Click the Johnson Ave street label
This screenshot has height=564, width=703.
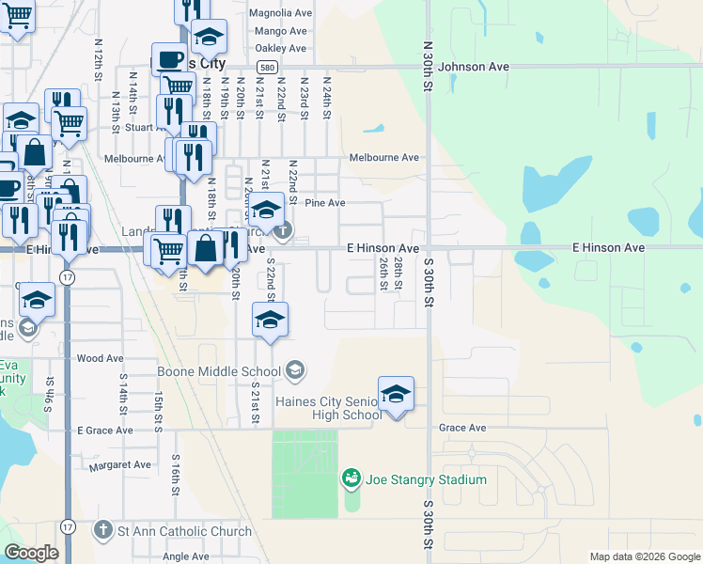[473, 67]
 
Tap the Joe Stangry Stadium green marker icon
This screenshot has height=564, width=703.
[351, 479]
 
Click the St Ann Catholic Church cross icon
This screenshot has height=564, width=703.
[103, 531]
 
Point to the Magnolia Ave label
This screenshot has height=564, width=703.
[279, 14]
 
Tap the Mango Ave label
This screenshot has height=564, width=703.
[280, 31]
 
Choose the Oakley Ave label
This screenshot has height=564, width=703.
[280, 48]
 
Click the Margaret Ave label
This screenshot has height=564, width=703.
[119, 464]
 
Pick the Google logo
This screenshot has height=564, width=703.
[31, 553]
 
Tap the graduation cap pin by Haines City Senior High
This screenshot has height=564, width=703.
[396, 393]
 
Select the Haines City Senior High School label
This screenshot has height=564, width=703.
[328, 408]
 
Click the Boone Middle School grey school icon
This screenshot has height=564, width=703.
[295, 371]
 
